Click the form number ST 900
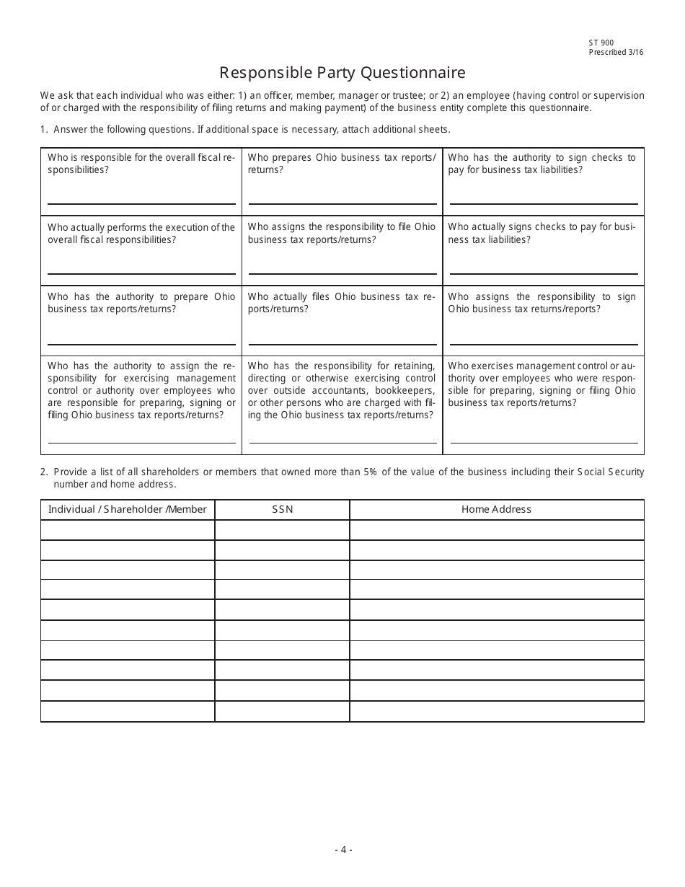pos(601,43)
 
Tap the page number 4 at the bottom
pos(343,850)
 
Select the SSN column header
pos(282,509)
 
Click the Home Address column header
pos(496,509)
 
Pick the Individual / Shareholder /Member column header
pos(127,509)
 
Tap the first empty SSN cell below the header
pos(282,530)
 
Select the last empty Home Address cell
pos(496,711)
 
